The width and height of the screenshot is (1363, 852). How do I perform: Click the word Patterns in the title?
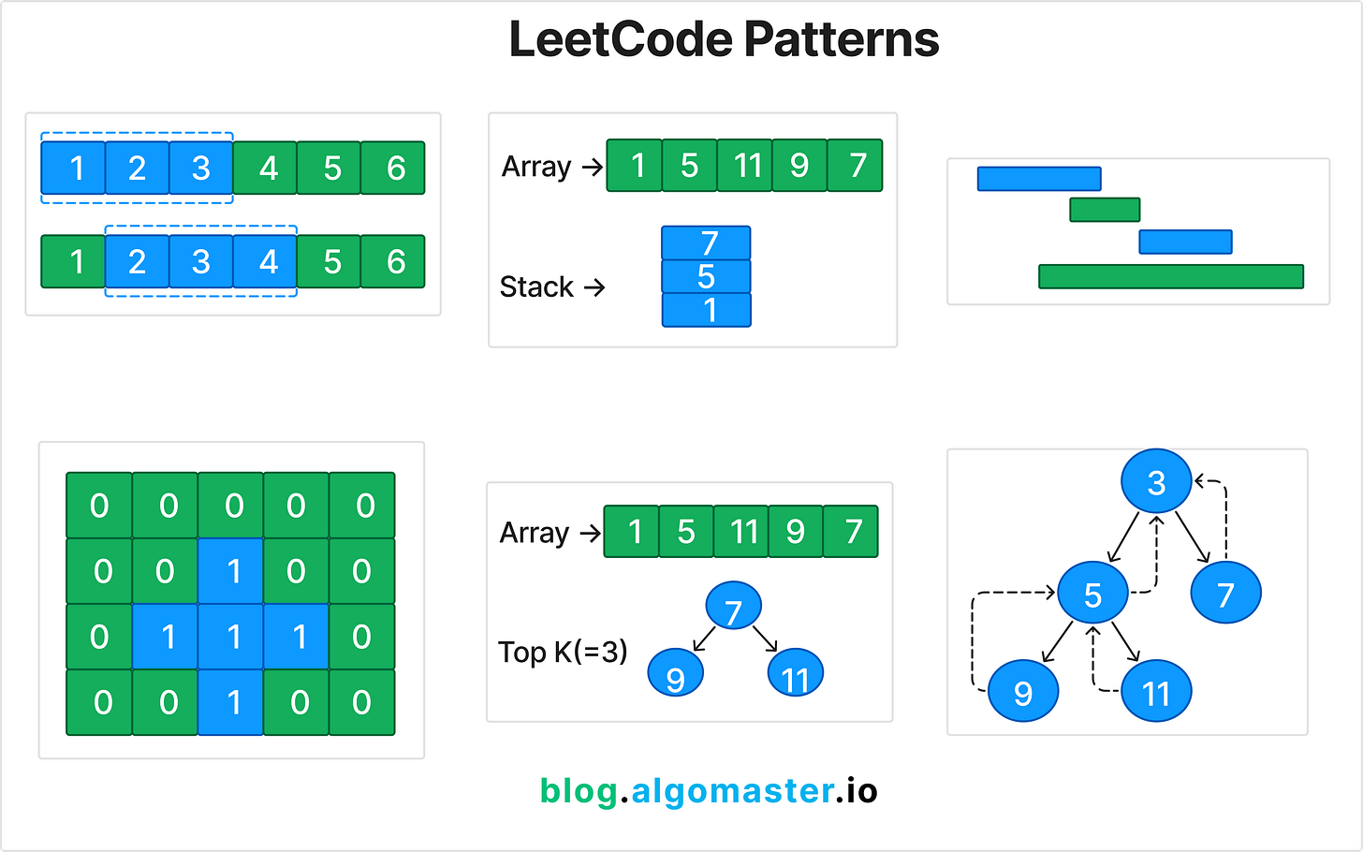tap(842, 39)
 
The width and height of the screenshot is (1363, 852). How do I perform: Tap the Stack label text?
tap(536, 286)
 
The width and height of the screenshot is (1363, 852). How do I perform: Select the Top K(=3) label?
tap(563, 652)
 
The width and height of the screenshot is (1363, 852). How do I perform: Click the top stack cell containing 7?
tap(706, 242)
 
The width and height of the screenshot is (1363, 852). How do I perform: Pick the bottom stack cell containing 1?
tap(706, 310)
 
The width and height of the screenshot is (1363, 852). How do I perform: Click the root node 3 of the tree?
tap(1156, 481)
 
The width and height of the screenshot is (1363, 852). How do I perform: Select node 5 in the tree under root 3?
tap(1092, 594)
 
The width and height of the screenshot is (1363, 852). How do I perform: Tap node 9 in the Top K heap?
tap(675, 675)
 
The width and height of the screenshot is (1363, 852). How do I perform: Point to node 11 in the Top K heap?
tap(795, 675)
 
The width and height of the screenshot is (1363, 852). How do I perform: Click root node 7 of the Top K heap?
tap(733, 608)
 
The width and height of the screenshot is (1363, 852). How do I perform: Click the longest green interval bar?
tap(1170, 276)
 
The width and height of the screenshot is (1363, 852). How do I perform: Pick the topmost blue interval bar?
tap(1039, 179)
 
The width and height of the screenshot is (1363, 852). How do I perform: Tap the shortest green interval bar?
tap(1105, 210)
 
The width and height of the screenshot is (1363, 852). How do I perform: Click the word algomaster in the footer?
tap(733, 791)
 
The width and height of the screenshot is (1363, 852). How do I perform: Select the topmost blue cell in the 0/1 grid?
tap(231, 571)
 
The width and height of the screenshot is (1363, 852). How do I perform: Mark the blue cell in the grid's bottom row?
tap(231, 702)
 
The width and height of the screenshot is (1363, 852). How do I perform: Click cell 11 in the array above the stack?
tap(745, 166)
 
